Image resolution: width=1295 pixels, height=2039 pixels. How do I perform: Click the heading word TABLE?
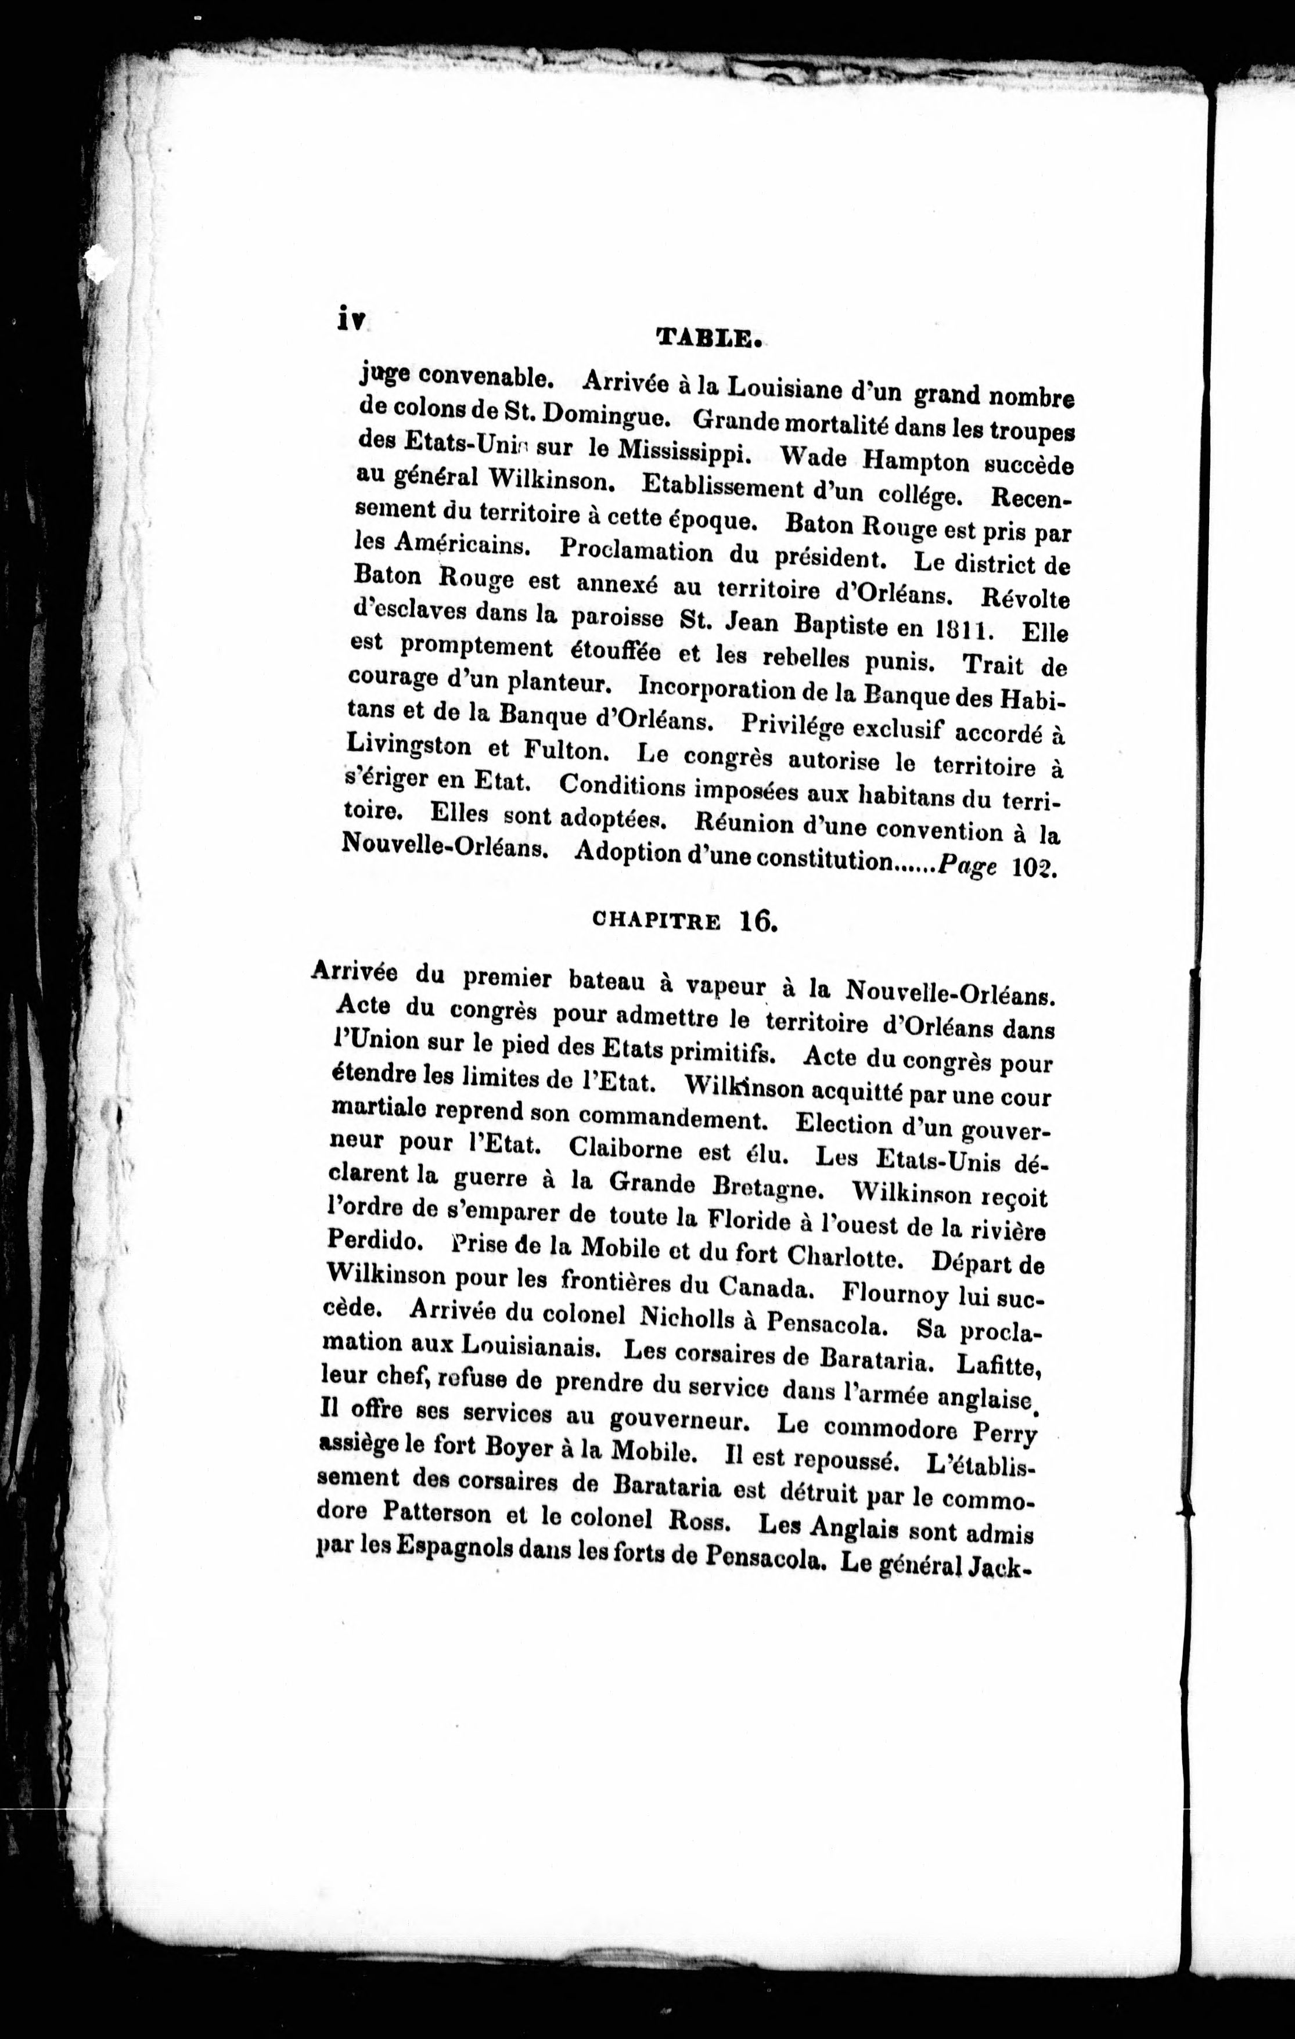(x=710, y=338)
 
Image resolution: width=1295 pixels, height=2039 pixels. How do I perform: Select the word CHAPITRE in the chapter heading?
(x=656, y=921)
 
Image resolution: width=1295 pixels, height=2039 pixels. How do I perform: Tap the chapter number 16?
(x=758, y=920)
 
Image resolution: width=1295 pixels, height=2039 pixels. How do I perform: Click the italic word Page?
(x=967, y=868)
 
